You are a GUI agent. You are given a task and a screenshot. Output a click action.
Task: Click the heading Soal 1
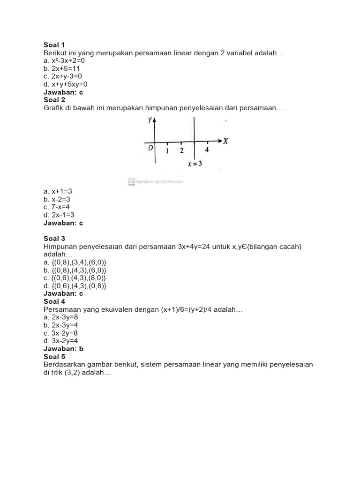point(54,45)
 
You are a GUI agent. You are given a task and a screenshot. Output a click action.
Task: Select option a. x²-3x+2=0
point(64,60)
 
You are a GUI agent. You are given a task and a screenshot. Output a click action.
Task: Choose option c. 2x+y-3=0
point(62,76)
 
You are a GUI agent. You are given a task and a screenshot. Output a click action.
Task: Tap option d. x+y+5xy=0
point(65,84)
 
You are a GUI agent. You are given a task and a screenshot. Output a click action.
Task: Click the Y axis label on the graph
point(150,120)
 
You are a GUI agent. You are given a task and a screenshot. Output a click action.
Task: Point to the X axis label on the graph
point(225,141)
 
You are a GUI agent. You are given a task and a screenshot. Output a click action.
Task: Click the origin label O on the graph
point(150,149)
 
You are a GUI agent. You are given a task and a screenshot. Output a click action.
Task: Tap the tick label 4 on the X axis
point(207,150)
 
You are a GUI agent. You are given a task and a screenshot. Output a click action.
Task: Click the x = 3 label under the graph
point(195,164)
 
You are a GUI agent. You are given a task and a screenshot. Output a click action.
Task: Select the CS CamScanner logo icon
point(131,181)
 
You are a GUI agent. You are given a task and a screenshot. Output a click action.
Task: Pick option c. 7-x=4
point(57,207)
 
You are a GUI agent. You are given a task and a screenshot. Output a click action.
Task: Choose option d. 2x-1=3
point(59,215)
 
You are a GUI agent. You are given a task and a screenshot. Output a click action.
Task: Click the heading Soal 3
point(54,239)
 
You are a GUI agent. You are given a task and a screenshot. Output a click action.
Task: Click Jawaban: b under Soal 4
point(63,349)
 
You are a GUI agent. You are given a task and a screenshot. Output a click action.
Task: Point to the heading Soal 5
point(54,357)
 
